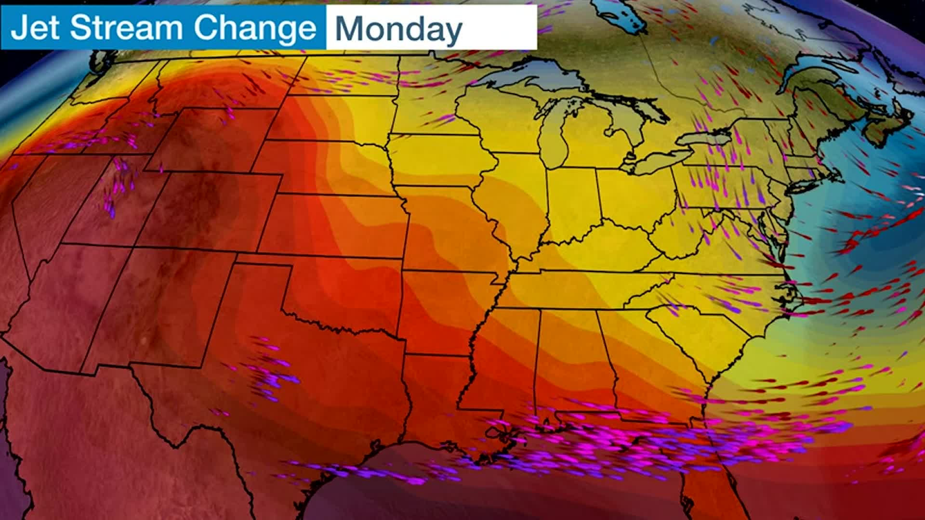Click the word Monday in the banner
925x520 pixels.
398,29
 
